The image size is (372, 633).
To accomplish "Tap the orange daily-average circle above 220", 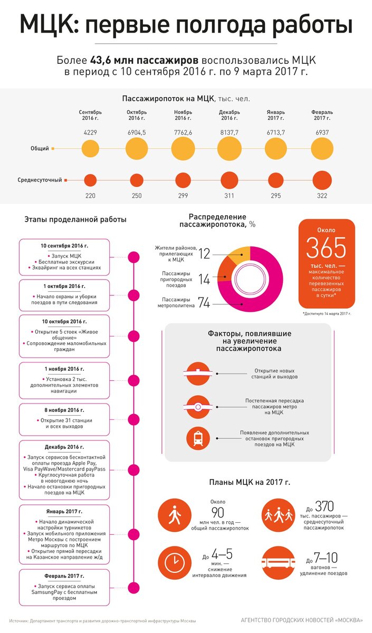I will click(90, 180).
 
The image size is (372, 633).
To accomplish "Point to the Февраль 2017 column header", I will click(322, 116).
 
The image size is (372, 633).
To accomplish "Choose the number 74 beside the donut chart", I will click(204, 302).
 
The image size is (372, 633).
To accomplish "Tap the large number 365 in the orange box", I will click(327, 247).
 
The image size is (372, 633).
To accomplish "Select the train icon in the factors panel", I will click(198, 438).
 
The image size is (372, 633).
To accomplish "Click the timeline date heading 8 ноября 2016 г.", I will click(64, 410).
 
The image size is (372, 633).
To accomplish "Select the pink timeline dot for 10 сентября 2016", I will click(134, 257).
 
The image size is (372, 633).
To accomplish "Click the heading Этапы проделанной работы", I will click(75, 220).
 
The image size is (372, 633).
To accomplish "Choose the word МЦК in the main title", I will click(49, 25).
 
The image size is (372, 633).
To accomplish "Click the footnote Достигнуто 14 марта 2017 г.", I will click(327, 313).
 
